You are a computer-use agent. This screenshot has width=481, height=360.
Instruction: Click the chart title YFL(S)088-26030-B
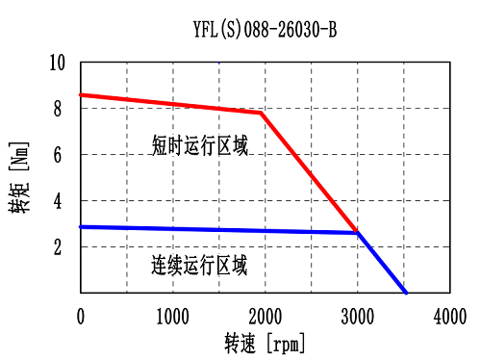[265, 30]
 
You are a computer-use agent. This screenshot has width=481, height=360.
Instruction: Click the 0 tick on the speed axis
[81, 316]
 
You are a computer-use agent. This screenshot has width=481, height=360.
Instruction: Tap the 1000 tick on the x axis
[172, 316]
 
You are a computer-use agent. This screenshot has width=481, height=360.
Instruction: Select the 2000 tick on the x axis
[265, 316]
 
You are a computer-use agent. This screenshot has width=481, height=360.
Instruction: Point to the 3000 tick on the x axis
[357, 316]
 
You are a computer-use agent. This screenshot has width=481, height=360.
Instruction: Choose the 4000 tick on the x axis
[449, 316]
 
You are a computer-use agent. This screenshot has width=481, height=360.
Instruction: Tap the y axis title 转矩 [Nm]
[19, 178]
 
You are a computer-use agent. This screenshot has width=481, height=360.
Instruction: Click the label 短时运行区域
[199, 145]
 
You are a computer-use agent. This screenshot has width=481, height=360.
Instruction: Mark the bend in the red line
[261, 113]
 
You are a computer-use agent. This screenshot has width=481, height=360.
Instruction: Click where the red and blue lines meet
[357, 233]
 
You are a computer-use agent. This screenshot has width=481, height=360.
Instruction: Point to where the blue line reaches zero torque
[406, 293]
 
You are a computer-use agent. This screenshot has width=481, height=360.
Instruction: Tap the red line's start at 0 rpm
[82, 94]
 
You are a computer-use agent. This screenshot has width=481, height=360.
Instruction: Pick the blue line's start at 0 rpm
[82, 226]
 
